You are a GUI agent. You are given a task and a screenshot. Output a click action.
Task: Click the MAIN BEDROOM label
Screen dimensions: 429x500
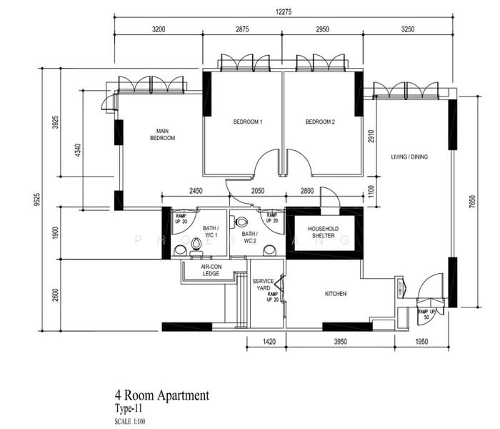click(x=162, y=134)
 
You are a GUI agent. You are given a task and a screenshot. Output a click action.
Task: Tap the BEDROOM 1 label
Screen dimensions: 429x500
click(x=248, y=122)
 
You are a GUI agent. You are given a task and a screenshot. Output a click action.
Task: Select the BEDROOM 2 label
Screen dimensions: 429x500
click(x=320, y=122)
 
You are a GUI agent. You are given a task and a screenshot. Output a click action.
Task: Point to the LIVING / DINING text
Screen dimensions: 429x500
click(x=409, y=157)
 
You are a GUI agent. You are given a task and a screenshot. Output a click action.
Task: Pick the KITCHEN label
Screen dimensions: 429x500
click(x=336, y=293)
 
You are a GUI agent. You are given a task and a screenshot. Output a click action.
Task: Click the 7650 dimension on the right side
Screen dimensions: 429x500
click(x=472, y=202)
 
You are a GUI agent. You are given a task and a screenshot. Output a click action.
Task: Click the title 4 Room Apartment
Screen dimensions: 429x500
click(x=161, y=395)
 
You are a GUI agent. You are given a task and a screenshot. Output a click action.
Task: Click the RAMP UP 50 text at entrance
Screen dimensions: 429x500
click(x=427, y=315)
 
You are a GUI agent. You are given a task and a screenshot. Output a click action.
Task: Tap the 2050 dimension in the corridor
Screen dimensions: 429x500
click(x=258, y=190)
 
